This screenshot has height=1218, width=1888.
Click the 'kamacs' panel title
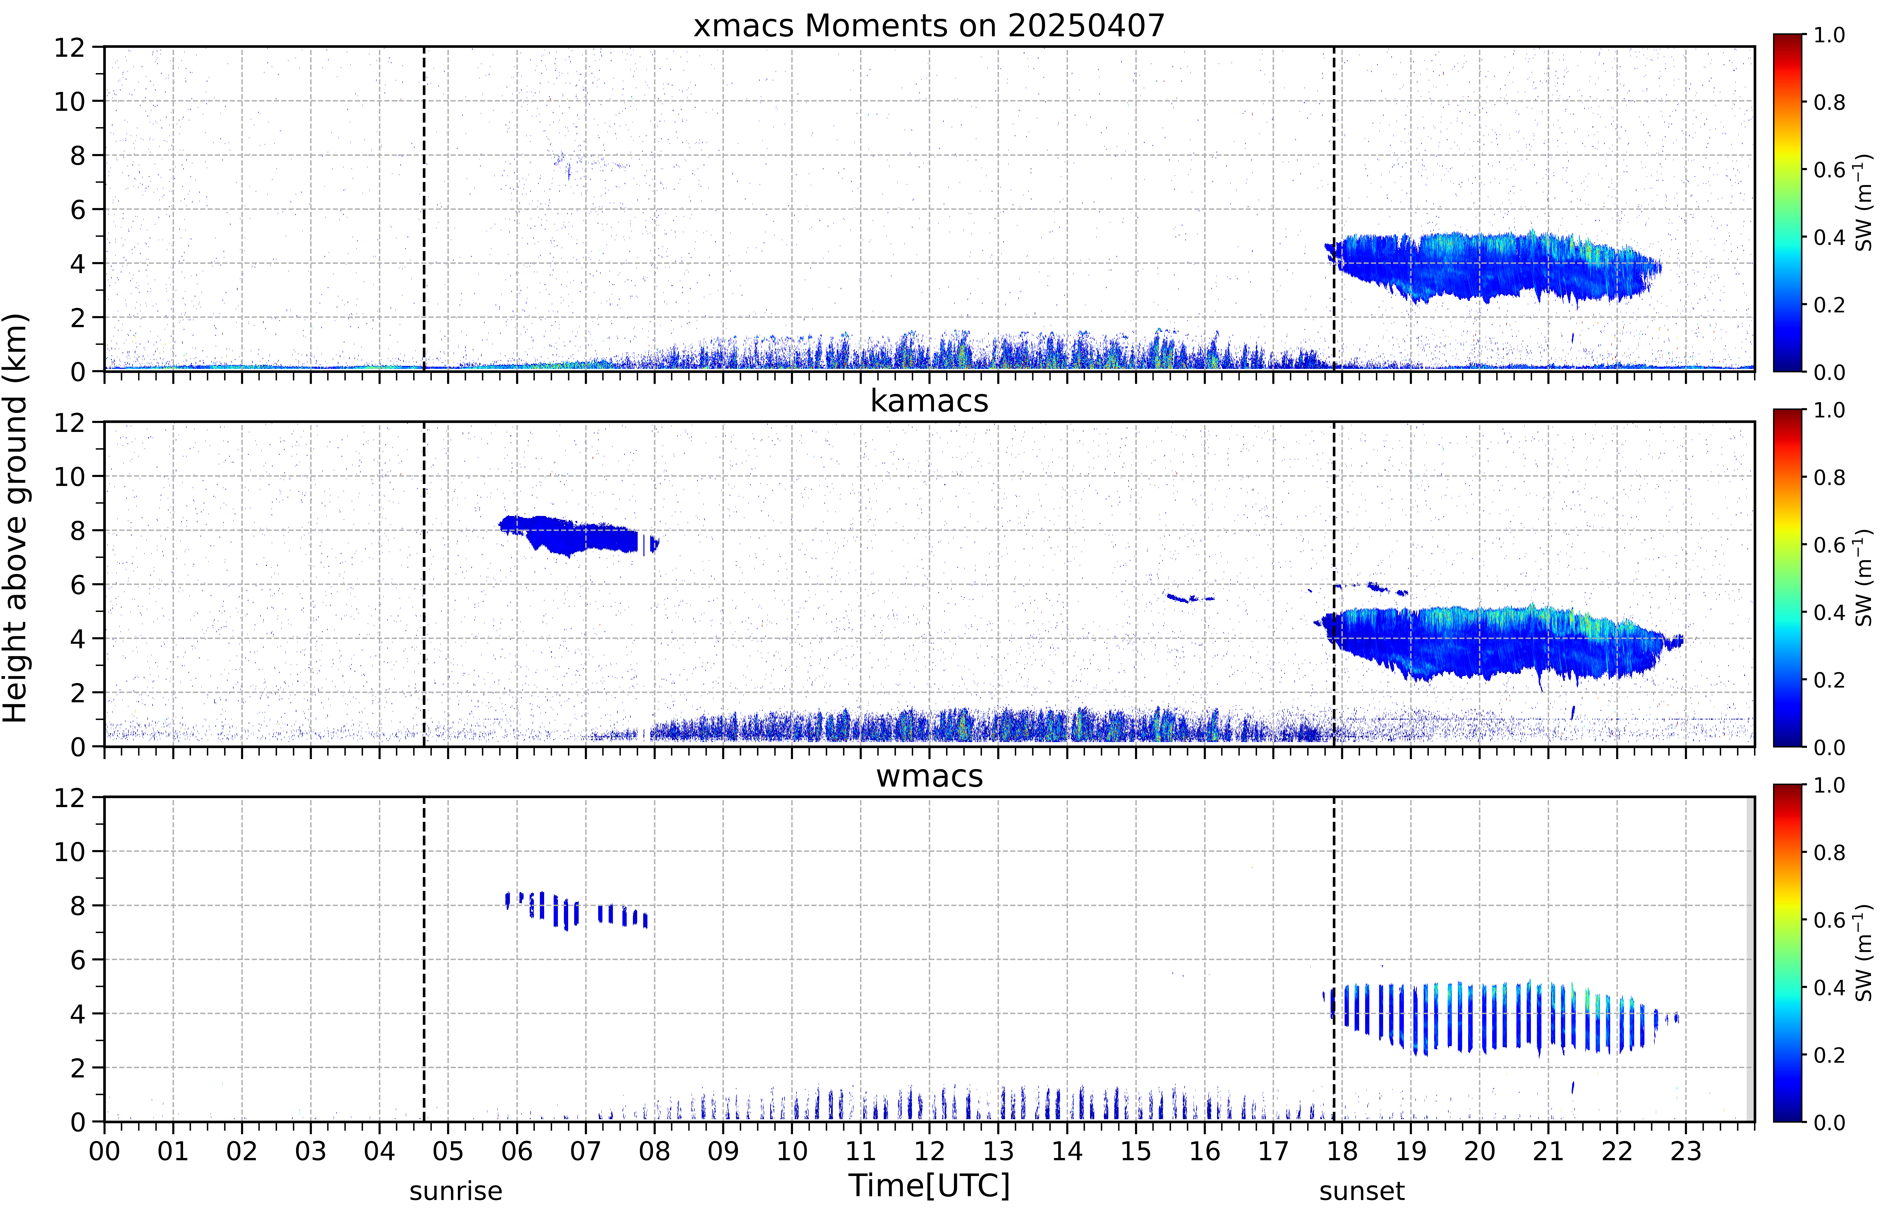pyautogui.click(x=929, y=401)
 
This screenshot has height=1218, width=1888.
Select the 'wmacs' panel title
pyautogui.click(x=929, y=776)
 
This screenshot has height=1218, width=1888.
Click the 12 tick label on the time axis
pyautogui.click(x=930, y=1151)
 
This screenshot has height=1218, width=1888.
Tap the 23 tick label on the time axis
pyautogui.click(x=1686, y=1151)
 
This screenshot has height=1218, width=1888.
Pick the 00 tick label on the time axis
pyautogui.click(x=104, y=1151)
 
